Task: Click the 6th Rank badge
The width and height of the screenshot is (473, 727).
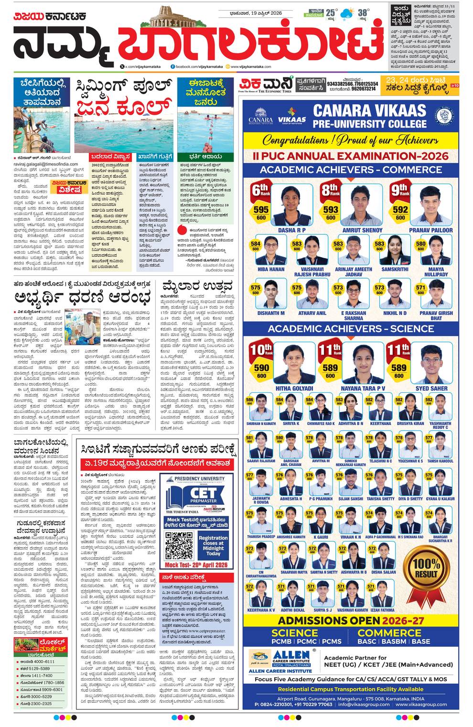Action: (261, 190)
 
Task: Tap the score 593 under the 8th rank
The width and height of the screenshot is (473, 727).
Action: (331, 209)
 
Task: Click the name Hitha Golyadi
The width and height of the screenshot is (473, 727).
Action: (294, 389)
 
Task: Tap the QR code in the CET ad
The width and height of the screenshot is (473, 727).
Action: (179, 544)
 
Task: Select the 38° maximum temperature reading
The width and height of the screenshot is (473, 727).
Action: (364, 13)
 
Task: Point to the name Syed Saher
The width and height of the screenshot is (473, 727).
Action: (431, 389)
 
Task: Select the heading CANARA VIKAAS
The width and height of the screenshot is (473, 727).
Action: (369, 111)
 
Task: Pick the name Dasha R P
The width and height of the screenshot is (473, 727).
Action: (291, 230)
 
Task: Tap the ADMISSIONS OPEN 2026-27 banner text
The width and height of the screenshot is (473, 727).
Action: (351, 620)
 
